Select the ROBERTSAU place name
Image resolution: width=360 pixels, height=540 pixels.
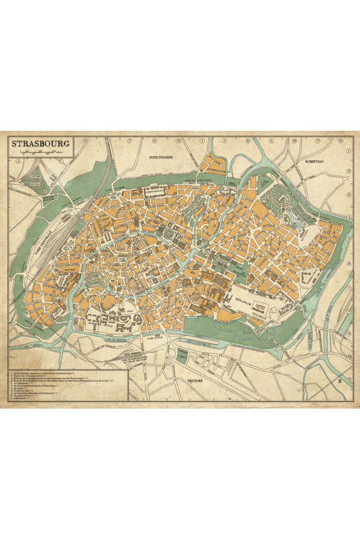pos(317,161)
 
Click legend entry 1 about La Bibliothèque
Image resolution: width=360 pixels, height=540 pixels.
pos(42,373)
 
